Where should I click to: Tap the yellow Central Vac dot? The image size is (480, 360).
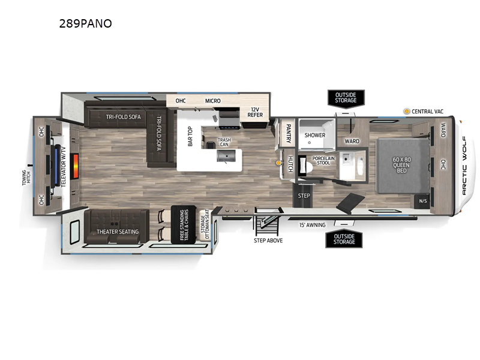coord(407,112)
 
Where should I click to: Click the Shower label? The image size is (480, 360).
coord(314,135)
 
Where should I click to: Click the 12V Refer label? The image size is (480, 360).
coord(255,113)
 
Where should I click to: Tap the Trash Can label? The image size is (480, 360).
coord(224,142)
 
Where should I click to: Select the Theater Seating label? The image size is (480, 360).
coord(118,232)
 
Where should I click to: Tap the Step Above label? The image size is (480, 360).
coord(268,240)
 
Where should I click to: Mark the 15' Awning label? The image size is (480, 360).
coord(312,225)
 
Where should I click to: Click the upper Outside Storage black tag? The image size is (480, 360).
coord(346,97)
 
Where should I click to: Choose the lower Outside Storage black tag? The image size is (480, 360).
coord(344,239)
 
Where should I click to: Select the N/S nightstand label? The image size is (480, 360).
coord(422,201)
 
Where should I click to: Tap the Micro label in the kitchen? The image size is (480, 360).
coord(212,101)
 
